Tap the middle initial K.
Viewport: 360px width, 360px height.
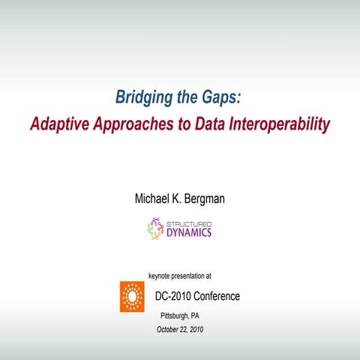(x=178, y=199)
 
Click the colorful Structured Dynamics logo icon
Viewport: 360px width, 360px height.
(x=155, y=228)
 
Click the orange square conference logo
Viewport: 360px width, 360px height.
(x=132, y=296)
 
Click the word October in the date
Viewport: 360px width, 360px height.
(x=169, y=329)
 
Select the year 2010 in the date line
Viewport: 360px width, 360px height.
(x=196, y=329)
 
